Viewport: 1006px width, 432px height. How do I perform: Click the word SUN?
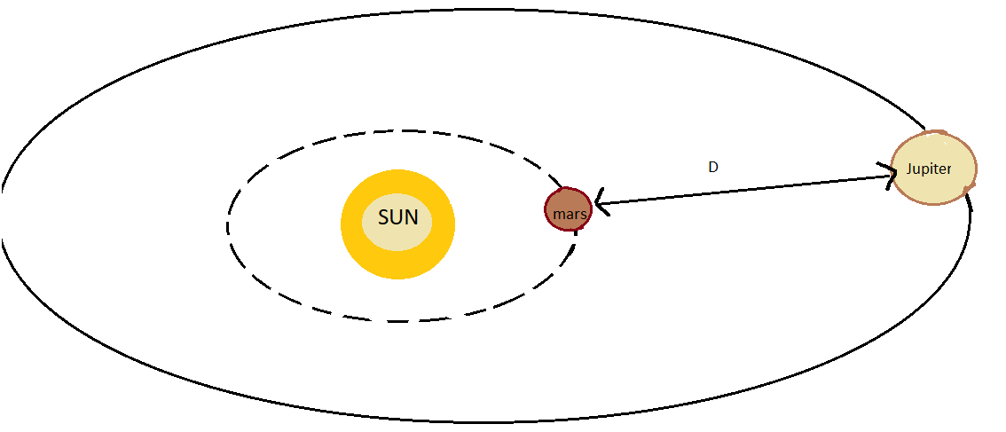[397, 218]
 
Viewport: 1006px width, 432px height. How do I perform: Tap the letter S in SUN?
[384, 218]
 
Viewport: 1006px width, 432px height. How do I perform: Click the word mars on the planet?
[568, 215]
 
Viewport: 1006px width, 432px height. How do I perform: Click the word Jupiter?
[929, 169]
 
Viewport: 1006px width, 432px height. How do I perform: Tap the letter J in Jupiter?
[909, 169]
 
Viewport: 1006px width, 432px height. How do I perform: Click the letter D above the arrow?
[712, 167]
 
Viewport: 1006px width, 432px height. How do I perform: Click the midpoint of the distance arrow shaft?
[745, 191]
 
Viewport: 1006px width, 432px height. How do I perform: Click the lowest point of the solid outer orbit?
[497, 421]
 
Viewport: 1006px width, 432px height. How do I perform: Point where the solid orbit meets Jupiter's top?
[924, 130]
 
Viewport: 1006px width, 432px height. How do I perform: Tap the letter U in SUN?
[397, 218]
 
